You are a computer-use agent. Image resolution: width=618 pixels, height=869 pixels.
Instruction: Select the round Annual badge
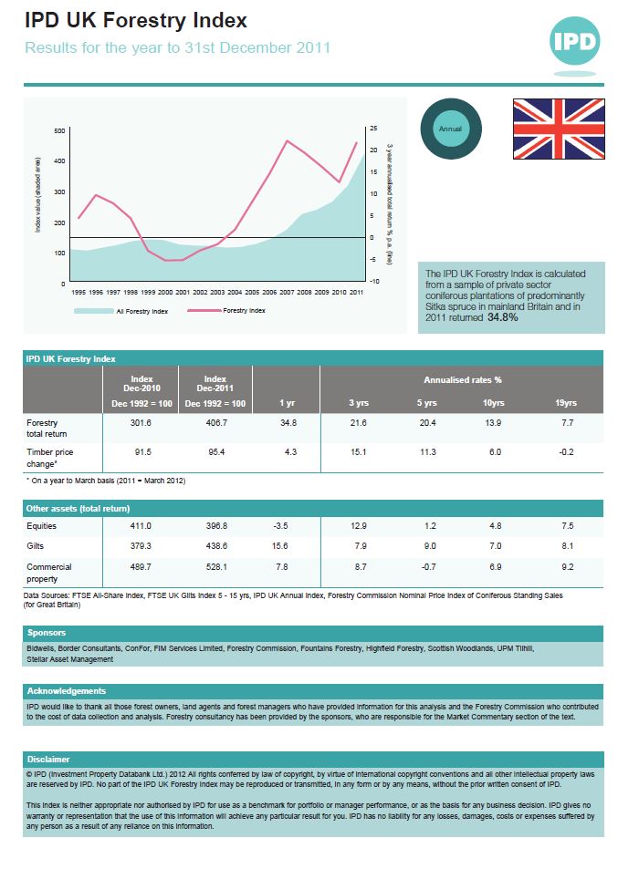(x=450, y=129)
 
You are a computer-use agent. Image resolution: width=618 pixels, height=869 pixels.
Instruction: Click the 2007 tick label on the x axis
(x=287, y=292)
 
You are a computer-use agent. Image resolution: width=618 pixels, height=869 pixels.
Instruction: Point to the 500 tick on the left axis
(x=60, y=131)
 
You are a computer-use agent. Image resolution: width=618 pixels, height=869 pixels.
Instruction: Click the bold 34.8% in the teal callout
(x=503, y=318)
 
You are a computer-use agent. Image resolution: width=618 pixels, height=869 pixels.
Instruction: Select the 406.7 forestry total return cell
(x=215, y=423)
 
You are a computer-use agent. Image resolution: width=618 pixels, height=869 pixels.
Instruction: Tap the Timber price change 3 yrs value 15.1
(x=359, y=451)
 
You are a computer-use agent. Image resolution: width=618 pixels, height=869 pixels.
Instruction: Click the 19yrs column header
(x=566, y=403)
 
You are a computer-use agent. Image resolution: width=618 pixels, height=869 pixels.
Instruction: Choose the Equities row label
(x=43, y=526)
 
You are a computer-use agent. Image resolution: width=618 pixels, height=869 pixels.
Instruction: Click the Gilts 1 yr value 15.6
(x=280, y=545)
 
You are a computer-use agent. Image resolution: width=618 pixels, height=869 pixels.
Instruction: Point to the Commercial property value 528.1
(x=215, y=566)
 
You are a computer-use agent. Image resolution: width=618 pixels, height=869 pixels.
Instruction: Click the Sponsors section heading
(x=47, y=632)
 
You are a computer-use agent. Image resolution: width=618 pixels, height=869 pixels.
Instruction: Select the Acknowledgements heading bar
(x=67, y=690)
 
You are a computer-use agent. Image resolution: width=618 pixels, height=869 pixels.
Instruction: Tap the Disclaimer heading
(x=49, y=759)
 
